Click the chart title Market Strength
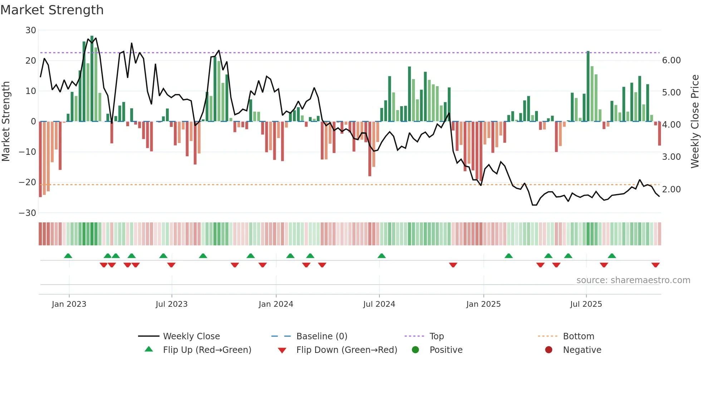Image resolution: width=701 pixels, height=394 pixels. [x=52, y=10]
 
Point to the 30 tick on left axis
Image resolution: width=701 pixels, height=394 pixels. [x=31, y=30]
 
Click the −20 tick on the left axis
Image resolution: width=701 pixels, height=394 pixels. [x=28, y=182]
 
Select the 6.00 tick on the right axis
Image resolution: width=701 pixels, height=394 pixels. [x=671, y=60]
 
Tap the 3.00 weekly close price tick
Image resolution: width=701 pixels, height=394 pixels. [x=671, y=157]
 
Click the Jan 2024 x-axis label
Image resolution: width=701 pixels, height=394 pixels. [x=276, y=304]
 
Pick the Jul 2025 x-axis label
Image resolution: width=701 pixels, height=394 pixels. [x=586, y=304]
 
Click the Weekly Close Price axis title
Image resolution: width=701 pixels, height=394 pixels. [x=695, y=122]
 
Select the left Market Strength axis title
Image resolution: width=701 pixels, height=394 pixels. [x=6, y=122]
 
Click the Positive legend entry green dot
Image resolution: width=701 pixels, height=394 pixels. [x=415, y=350]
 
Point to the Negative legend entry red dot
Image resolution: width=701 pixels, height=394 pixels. [x=549, y=350]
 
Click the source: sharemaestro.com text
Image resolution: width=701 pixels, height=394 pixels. [x=633, y=280]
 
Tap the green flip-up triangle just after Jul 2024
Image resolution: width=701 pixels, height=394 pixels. [x=382, y=256]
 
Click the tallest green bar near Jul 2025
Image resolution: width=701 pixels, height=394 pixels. [x=588, y=86]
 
